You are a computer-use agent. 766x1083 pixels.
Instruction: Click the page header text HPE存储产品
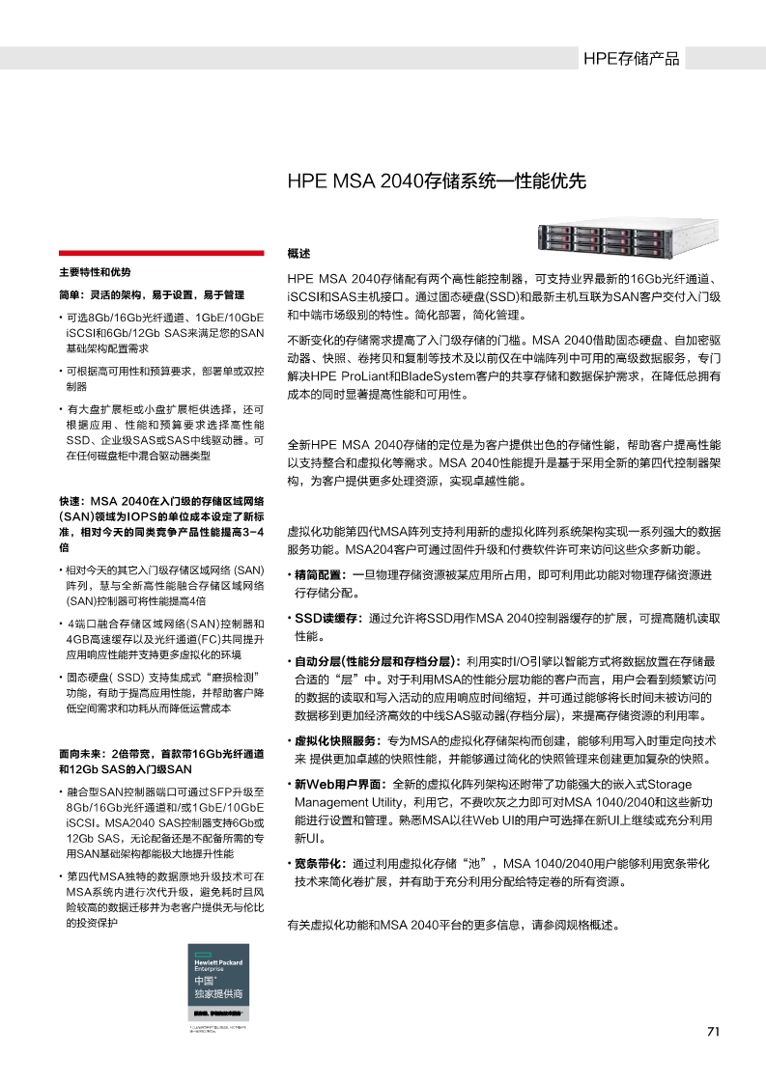pyautogui.click(x=631, y=59)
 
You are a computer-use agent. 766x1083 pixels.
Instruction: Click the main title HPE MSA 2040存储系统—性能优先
pyautogui.click(x=437, y=181)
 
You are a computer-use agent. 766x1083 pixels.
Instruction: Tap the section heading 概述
pyautogui.click(x=298, y=254)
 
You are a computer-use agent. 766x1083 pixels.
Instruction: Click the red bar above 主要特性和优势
pyautogui.click(x=160, y=253)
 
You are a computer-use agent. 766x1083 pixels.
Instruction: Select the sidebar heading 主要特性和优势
pyautogui.click(x=94, y=272)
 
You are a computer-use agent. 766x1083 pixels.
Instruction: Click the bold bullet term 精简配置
pyautogui.click(x=322, y=575)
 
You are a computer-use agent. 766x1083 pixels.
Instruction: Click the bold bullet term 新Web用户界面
pyautogui.click(x=337, y=784)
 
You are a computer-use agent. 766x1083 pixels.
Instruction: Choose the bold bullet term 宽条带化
pyautogui.click(x=320, y=862)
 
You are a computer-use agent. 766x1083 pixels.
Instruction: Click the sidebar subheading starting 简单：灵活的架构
pyautogui.click(x=152, y=294)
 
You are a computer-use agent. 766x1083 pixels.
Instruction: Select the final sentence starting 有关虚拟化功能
pyautogui.click(x=453, y=925)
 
